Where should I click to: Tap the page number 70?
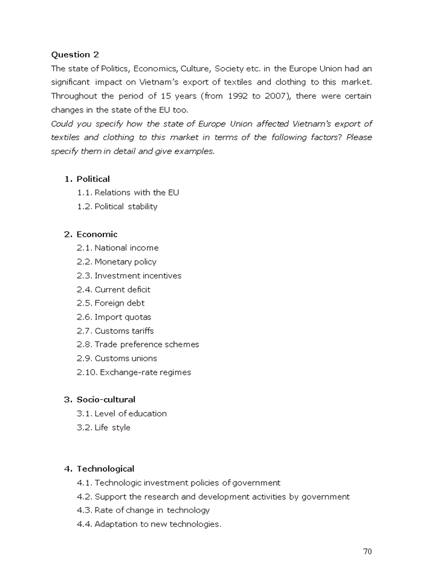coord(367,551)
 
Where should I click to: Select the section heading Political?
coord(93,179)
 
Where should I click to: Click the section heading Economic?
coord(97,234)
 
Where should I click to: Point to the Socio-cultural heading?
coord(106,399)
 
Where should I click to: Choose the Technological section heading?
coord(105,469)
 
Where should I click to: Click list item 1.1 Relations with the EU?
coord(128,193)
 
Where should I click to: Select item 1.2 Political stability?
coord(117,207)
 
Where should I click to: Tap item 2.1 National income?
coord(118,248)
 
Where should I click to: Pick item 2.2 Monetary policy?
coord(117,262)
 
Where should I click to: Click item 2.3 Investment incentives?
coord(129,275)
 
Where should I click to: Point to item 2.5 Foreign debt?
coord(111,303)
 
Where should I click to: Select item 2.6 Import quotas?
coord(114,317)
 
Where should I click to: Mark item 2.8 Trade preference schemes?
coord(138,344)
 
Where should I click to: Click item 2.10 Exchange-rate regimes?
coord(134,372)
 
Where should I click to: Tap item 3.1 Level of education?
coord(121,414)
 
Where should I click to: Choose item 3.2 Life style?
coord(103,428)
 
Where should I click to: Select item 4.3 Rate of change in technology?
coord(143,511)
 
